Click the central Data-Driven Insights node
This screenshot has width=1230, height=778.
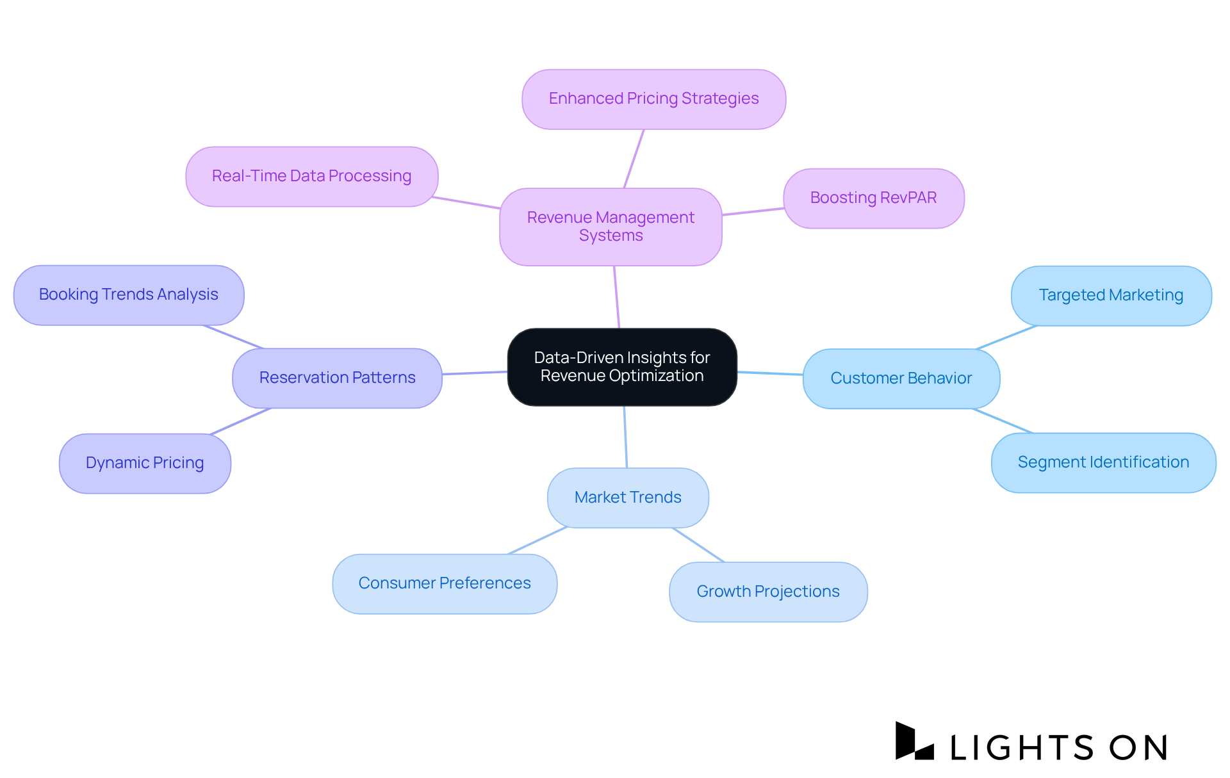pos(621,367)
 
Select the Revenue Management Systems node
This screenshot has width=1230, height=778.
pos(611,227)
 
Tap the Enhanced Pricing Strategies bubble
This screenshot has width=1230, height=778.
pos(653,99)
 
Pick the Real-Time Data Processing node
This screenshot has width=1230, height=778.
pos(311,176)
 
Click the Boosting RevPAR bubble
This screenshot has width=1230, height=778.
pos(873,198)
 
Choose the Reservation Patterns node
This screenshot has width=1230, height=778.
pos(337,378)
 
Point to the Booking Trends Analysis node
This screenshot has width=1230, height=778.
pos(128,295)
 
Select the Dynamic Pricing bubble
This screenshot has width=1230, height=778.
pos(145,463)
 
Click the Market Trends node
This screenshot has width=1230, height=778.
pos(628,498)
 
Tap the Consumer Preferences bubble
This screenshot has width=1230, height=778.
pos(444,583)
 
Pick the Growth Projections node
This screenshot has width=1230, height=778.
pos(767,592)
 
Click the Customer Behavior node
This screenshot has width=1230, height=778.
pos(901,378)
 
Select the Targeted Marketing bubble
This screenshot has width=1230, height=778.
pos(1110,295)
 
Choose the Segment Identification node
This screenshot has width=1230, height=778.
pos(1103,462)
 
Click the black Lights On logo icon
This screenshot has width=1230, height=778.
pos(913,742)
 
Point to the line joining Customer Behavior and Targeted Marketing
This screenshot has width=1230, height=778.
pos(1006,337)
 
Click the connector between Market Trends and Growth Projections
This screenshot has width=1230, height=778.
pos(698,545)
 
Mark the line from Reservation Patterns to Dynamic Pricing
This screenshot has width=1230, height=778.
pos(241,421)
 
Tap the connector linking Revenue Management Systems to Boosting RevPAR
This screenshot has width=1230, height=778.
pos(753,211)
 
